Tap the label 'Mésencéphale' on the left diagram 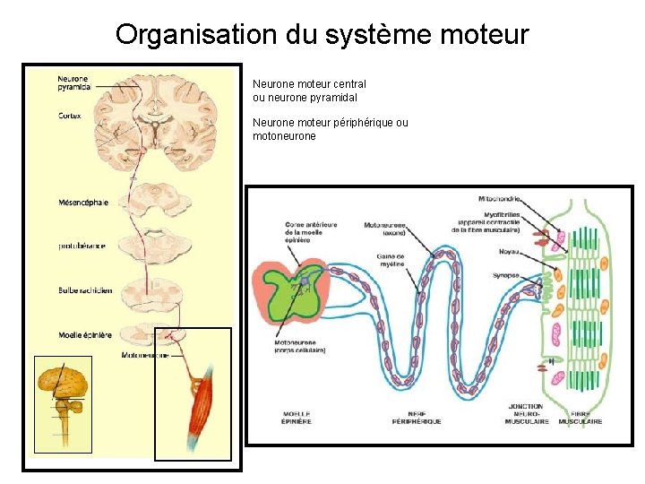pos(83,203)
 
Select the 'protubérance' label pos(82,246)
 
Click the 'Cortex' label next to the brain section pos(70,116)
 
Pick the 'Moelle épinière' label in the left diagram pos(85,334)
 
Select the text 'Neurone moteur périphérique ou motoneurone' pos(330,129)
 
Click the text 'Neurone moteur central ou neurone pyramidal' pos(309,91)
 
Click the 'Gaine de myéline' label pos(390,260)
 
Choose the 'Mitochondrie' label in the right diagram pos(502,198)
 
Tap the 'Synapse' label pos(505,276)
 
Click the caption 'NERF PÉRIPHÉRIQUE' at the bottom pos(417,417)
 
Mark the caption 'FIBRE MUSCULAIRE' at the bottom pos(580,417)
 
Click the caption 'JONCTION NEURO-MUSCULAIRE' pos(526,413)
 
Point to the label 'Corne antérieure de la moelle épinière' pos(310,232)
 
